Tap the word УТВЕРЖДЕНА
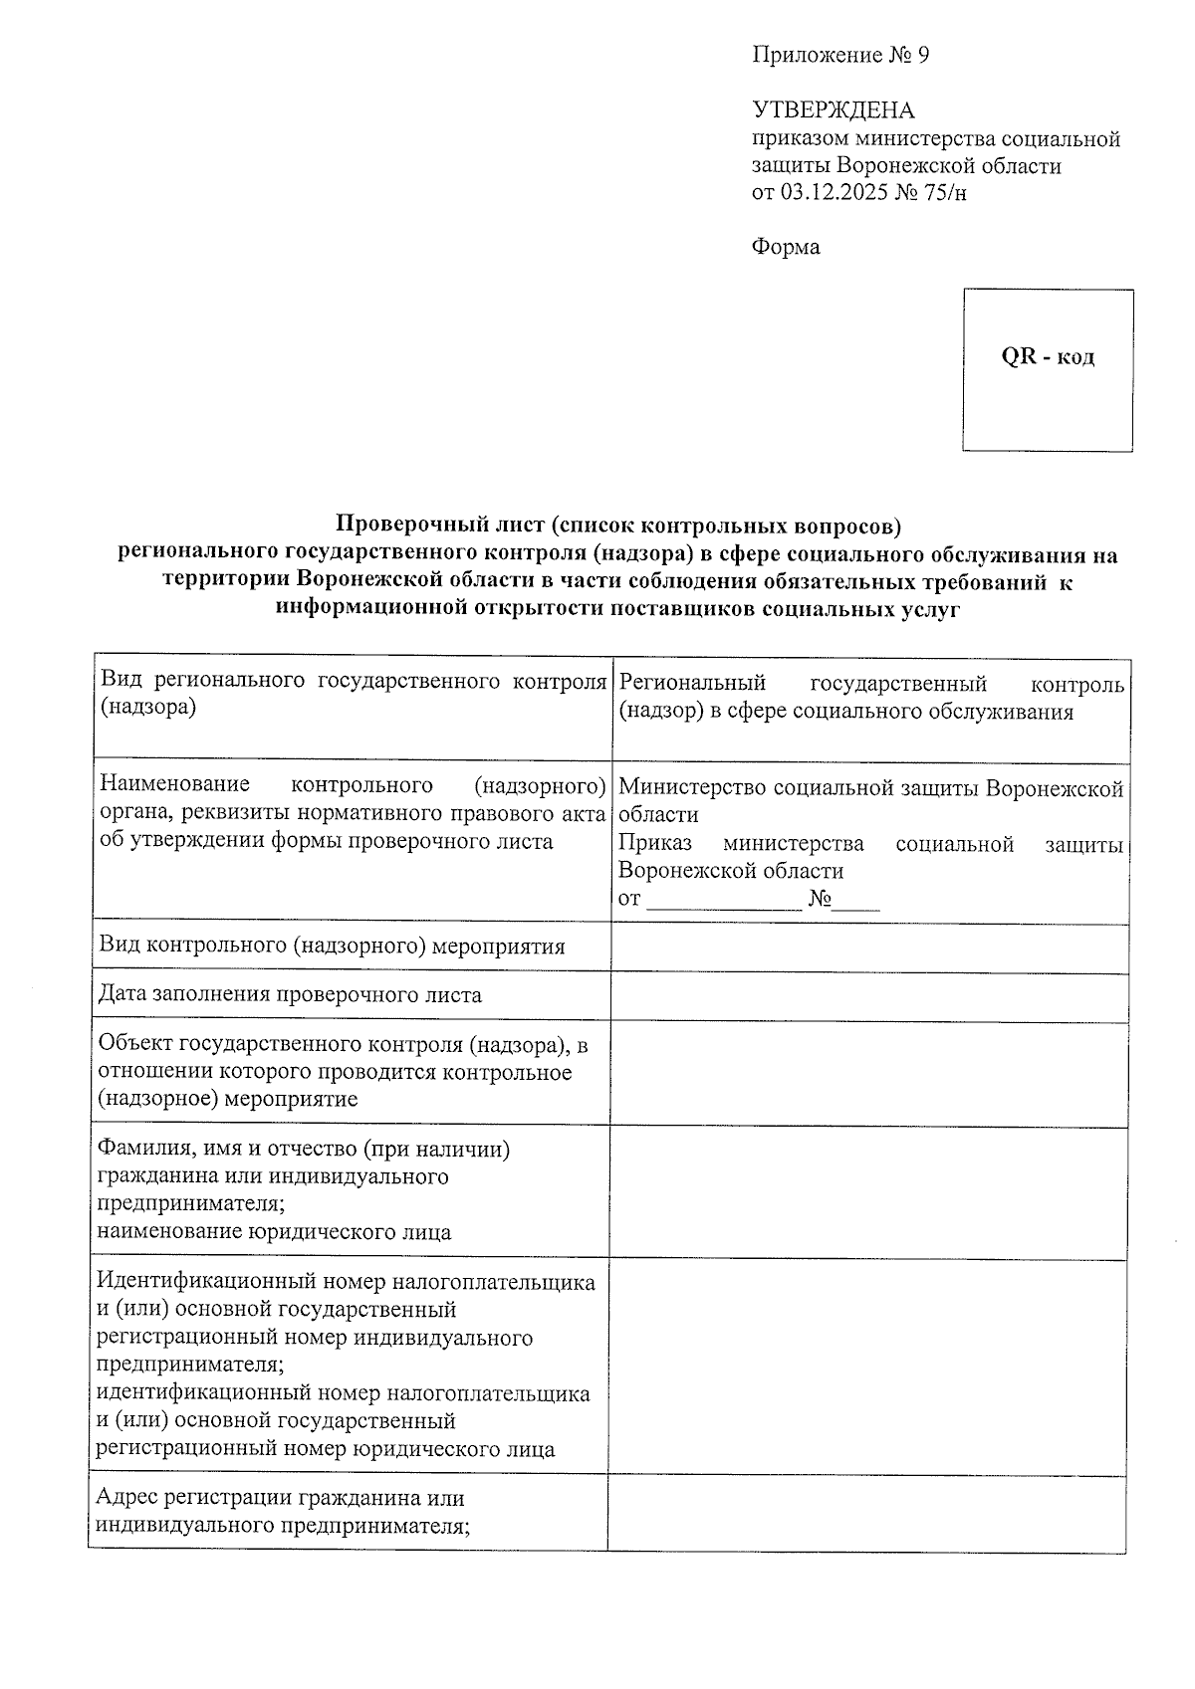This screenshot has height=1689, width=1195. pos(833,110)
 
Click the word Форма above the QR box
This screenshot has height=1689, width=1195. pos(786,247)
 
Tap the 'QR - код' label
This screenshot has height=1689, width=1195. pos(1047,356)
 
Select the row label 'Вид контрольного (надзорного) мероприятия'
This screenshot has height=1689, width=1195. pos(332,947)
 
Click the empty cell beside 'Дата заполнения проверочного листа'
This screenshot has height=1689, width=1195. pos(868,996)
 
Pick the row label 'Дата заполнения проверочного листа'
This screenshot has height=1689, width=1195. pos(290,995)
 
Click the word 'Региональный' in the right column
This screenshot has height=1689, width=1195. pos(692,684)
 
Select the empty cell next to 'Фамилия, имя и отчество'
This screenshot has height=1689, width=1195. pos(868,1190)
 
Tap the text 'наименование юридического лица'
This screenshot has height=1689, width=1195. pos(274,1232)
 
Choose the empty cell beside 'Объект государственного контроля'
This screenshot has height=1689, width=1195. pos(868,1073)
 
